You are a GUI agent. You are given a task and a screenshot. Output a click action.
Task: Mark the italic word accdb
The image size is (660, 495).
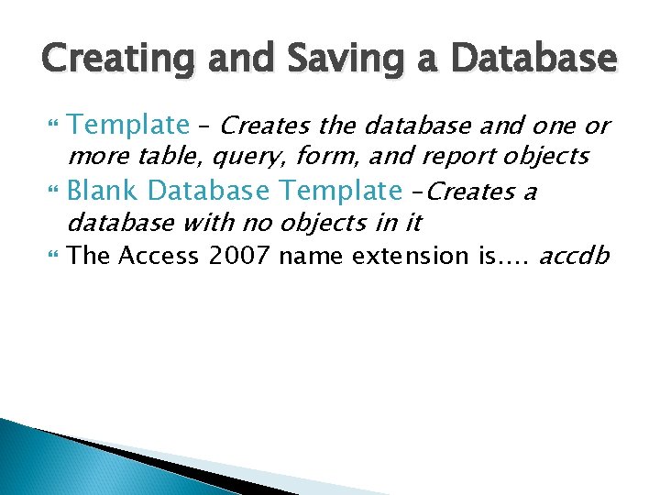574,256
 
